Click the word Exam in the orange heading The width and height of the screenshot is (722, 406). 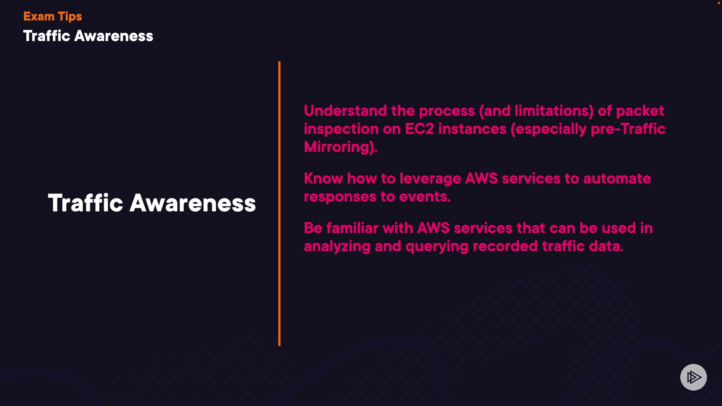click(39, 17)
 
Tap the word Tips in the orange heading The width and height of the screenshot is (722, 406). click(70, 17)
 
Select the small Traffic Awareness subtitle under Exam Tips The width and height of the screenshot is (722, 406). click(88, 36)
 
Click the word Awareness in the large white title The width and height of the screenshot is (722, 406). click(193, 203)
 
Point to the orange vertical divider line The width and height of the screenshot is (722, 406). click(279, 203)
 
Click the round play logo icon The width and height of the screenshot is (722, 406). click(693, 377)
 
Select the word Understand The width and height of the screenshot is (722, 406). click(345, 111)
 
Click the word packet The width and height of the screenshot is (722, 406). click(640, 111)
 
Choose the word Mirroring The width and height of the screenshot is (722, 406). click(338, 147)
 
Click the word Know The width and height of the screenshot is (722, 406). click(323, 179)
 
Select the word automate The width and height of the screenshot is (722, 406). click(617, 179)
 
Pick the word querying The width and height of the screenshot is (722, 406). click(437, 246)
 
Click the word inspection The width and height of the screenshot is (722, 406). click(341, 129)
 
